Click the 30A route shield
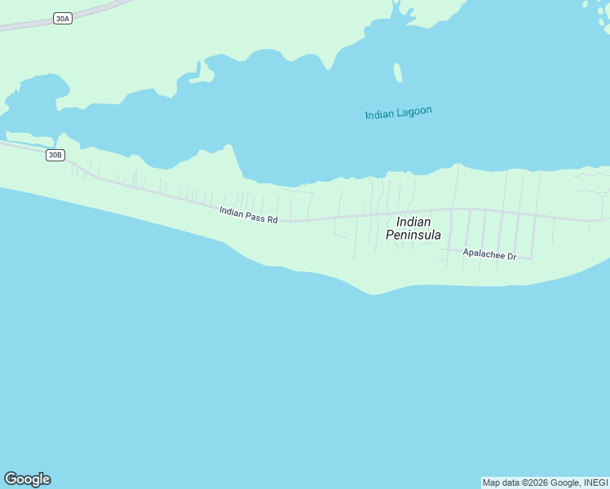(63, 18)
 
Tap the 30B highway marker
(55, 155)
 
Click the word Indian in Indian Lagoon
(379, 115)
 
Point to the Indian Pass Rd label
(249, 215)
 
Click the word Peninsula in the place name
(413, 235)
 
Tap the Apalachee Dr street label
(489, 254)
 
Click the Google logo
(27, 479)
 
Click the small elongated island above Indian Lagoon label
(398, 73)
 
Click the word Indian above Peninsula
(413, 222)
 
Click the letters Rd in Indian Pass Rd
(272, 219)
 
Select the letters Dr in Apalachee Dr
(511, 257)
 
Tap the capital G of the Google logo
(11, 479)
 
